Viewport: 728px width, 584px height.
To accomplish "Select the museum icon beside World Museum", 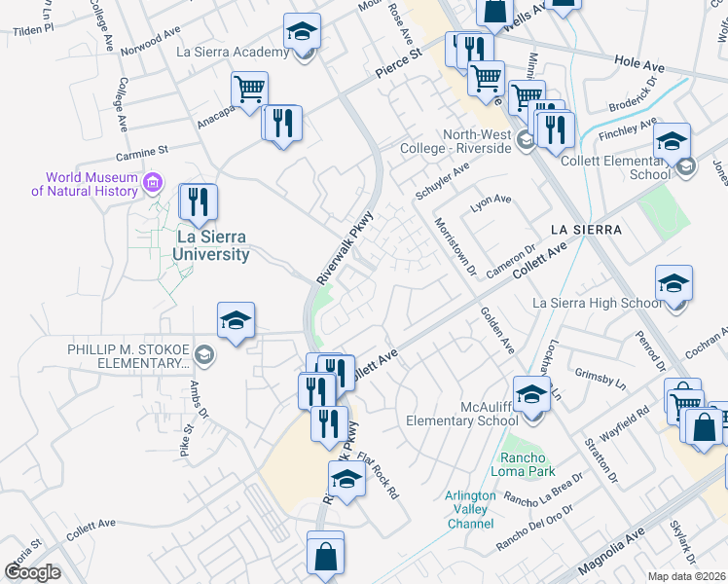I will [152, 182].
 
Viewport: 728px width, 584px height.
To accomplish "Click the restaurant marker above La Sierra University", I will [199, 202].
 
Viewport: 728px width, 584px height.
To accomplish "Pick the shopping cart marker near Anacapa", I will [250, 90].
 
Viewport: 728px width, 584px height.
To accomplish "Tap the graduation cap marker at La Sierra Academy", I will [303, 32].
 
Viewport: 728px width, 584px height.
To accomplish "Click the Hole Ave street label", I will [638, 65].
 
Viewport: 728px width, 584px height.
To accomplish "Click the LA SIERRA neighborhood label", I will [584, 229].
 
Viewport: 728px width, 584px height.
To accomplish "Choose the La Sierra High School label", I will [597, 303].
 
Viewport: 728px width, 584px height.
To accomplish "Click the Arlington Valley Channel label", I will [471, 509].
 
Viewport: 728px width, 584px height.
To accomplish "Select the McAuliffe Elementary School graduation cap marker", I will [531, 396].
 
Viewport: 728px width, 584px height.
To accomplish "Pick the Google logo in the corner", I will [32, 572].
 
